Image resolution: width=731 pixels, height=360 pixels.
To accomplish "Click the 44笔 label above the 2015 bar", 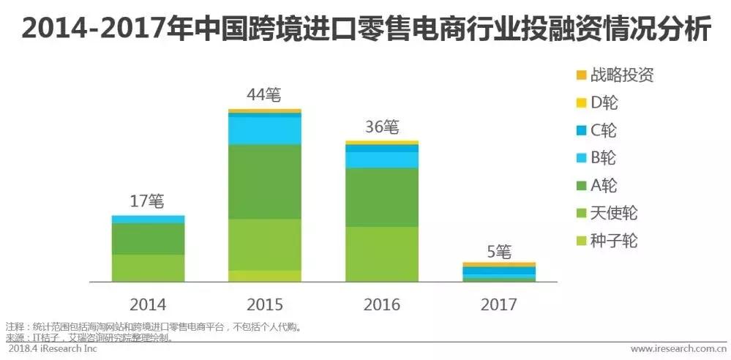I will click(x=264, y=95).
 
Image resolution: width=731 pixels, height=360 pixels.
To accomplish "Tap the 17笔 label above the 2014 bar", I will click(x=148, y=200).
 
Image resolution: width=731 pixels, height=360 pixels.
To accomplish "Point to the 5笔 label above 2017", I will click(x=499, y=252).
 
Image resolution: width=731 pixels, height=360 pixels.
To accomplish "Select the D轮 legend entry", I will click(x=603, y=102).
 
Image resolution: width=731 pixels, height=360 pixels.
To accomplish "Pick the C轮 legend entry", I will click(x=603, y=130).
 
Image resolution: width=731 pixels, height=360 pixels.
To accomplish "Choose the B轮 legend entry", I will click(x=603, y=157).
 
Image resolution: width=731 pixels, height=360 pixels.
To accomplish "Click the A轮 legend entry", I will click(x=603, y=185).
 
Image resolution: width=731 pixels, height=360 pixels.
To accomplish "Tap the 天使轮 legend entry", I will click(x=613, y=213).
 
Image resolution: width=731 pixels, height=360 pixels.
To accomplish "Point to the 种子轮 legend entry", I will click(x=613, y=241).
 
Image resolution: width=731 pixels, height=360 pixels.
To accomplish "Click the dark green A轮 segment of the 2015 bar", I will click(x=264, y=181).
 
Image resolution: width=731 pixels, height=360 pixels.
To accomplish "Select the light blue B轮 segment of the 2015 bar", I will click(x=264, y=130).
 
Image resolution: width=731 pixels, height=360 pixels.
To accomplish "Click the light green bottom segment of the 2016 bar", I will click(x=381, y=254).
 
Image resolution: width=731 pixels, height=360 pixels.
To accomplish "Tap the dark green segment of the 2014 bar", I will click(x=148, y=239).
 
